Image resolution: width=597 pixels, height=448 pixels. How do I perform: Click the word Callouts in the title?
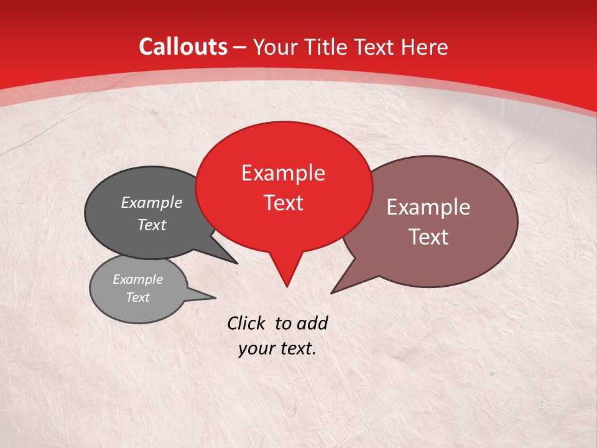click(183, 47)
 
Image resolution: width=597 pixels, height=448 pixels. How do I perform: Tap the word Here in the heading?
click(425, 47)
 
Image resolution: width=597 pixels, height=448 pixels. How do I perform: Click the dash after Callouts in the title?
click(240, 47)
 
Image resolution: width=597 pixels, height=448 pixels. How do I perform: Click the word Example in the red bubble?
click(283, 173)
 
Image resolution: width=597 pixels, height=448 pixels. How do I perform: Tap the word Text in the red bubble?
click(283, 203)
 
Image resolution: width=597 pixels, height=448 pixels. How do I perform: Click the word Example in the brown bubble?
click(428, 207)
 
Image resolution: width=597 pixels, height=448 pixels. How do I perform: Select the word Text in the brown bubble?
click(428, 237)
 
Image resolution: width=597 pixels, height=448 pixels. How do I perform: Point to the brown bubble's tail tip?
click(332, 292)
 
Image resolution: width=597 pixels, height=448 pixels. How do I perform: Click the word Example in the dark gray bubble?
click(151, 202)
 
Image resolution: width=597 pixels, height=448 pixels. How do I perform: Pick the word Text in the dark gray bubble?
click(151, 225)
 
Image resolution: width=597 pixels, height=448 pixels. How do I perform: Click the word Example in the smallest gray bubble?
click(137, 279)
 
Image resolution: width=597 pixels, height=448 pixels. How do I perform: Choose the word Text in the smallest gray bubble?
click(137, 297)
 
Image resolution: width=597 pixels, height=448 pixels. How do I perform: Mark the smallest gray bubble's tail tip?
click(215, 297)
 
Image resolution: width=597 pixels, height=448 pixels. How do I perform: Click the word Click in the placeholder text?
click(247, 323)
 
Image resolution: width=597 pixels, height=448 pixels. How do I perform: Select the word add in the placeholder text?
click(312, 323)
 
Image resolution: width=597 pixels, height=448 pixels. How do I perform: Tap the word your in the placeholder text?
click(256, 349)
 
